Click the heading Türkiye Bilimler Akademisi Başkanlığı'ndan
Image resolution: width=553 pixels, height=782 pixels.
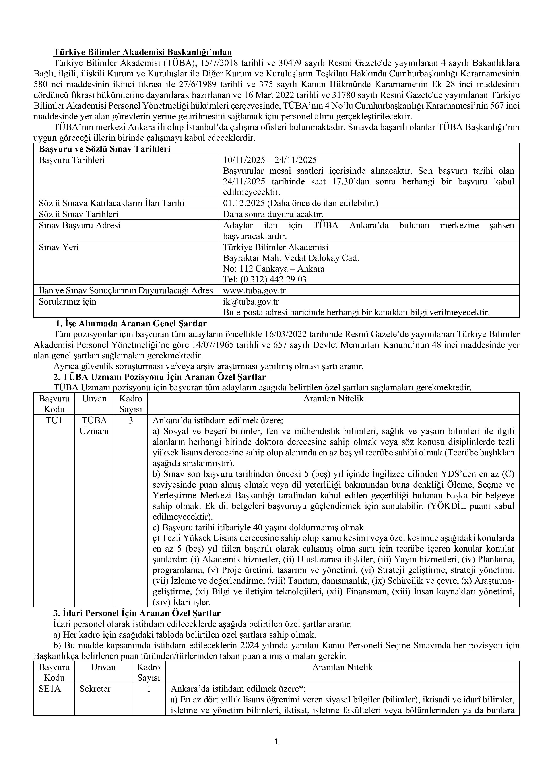coord(142,52)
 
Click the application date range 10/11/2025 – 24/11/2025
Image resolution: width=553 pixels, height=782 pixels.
coord(270,160)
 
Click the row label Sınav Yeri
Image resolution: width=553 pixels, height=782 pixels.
coord(59,247)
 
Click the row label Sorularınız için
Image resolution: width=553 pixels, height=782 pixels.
coord(68,301)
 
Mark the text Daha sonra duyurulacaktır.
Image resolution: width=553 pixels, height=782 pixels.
coord(273,214)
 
